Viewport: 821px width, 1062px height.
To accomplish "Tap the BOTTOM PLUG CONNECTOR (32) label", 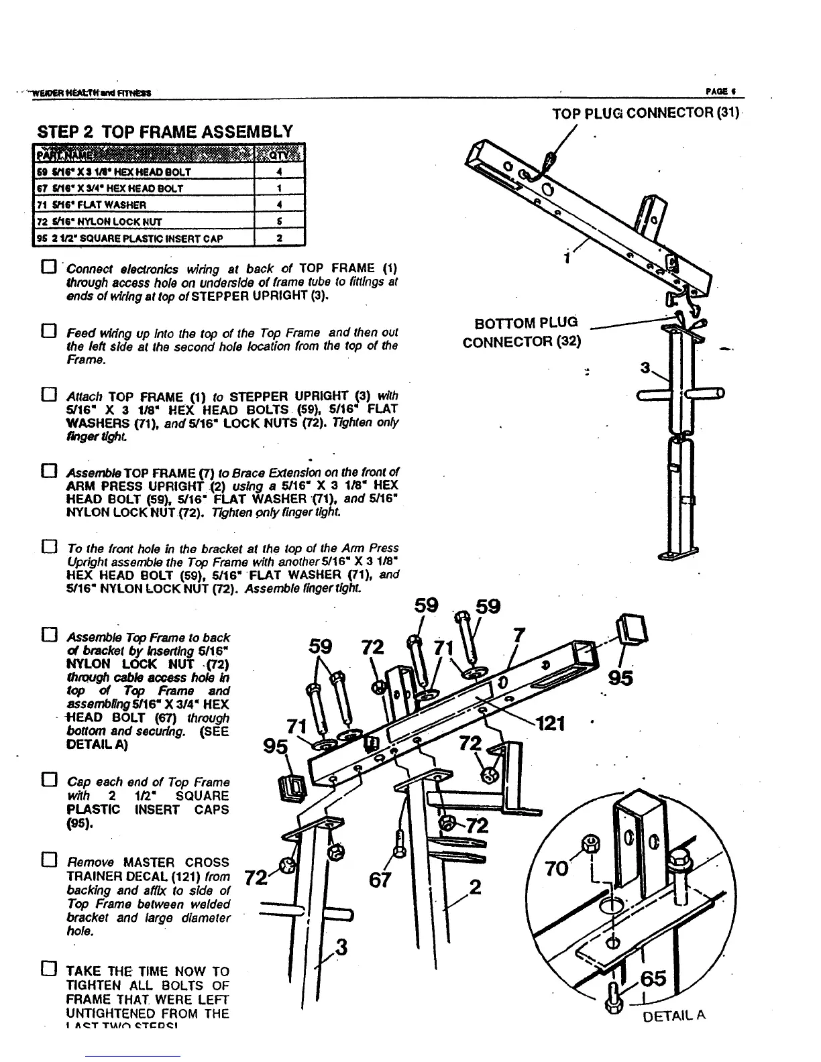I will click(x=523, y=333).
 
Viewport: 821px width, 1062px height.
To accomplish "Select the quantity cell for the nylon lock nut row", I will click(x=279, y=221).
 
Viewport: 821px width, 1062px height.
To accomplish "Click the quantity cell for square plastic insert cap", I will click(x=279, y=238).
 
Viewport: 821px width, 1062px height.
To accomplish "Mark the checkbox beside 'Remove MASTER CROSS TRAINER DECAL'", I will click(x=47, y=862).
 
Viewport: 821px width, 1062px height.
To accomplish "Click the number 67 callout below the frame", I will click(x=380, y=880).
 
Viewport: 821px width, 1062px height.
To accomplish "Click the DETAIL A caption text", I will click(x=674, y=1017).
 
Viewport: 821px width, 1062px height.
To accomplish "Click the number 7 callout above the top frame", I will click(x=518, y=635).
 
